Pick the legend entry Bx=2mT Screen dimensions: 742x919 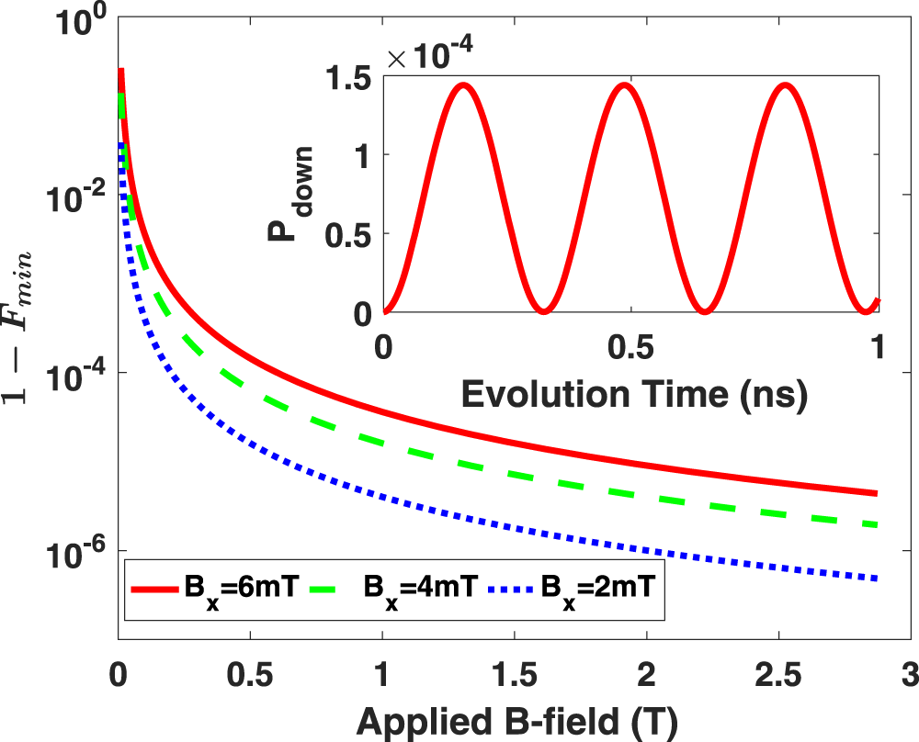pyautogui.click(x=571, y=586)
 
